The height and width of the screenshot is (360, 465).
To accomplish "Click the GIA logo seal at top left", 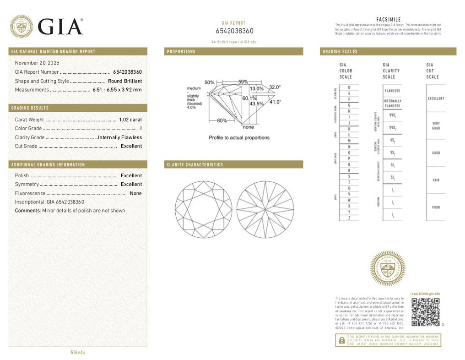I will pyautogui.click(x=21, y=27).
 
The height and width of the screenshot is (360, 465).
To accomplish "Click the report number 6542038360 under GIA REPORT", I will pyautogui.click(x=234, y=31).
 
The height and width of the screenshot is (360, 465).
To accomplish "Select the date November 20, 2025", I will pyautogui.click(x=37, y=63).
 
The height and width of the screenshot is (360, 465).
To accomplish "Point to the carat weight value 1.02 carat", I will pyautogui.click(x=130, y=120).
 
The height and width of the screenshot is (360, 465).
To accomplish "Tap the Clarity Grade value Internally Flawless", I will pyautogui.click(x=120, y=137).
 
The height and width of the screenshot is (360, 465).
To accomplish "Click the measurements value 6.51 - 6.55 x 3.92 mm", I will pyautogui.click(x=117, y=90).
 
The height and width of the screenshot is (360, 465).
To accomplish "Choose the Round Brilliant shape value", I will pyautogui.click(x=125, y=81).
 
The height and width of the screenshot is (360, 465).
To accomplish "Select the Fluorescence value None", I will pyautogui.click(x=135, y=193).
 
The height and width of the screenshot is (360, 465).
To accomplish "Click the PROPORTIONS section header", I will pyautogui.click(x=181, y=52).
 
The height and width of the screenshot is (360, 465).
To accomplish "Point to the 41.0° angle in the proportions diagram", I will pyautogui.click(x=275, y=102).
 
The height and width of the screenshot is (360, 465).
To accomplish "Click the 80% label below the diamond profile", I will pyautogui.click(x=222, y=121).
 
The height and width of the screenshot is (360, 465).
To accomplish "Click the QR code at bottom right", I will pyautogui.click(x=425, y=312).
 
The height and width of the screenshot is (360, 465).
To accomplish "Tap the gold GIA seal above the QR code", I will pyautogui.click(x=387, y=268).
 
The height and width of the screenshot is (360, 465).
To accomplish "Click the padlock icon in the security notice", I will pyautogui.click(x=341, y=340).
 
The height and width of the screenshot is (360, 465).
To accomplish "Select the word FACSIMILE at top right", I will pyautogui.click(x=388, y=19).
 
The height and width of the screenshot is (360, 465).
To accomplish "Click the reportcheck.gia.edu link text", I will pyautogui.click(x=425, y=293).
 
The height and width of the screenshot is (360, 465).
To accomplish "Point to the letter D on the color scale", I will pyautogui.click(x=349, y=87).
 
